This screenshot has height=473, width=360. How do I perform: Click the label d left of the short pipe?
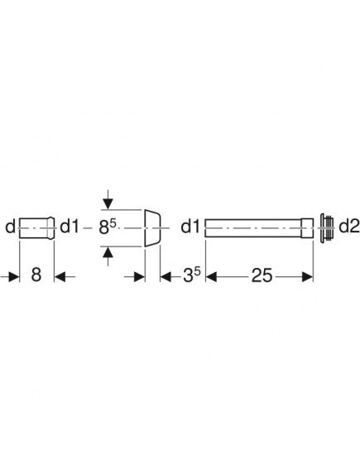pyautogui.click(x=10, y=227)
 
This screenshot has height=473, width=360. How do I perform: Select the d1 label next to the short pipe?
pyautogui.click(x=70, y=227)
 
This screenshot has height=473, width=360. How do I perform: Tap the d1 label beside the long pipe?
pyautogui.click(x=190, y=227)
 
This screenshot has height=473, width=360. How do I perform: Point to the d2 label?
pyautogui.click(x=349, y=227)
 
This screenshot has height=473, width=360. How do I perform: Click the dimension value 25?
pyautogui.click(x=262, y=275)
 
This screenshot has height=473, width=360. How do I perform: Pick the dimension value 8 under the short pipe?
pyautogui.click(x=36, y=275)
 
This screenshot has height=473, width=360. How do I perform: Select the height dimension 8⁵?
pyautogui.click(x=108, y=227)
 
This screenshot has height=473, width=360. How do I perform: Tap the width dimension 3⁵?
pyautogui.click(x=192, y=275)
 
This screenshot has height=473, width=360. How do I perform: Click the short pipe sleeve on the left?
pyautogui.click(x=37, y=227)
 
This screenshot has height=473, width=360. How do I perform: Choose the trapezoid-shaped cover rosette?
pyautogui.click(x=152, y=227)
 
